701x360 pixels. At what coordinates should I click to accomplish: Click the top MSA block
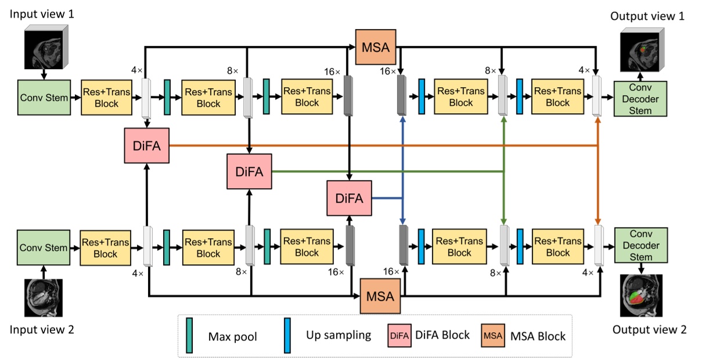pyautogui.click(x=375, y=46)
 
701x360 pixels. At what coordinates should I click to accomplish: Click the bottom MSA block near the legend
pyautogui.click(x=380, y=296)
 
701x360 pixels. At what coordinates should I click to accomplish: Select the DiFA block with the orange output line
pyautogui.click(x=146, y=145)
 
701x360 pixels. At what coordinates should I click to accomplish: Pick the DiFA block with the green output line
pyautogui.click(x=250, y=171)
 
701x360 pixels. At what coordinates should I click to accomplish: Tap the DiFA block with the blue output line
pyautogui.click(x=349, y=198)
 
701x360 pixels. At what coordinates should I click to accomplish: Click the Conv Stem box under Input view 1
pyautogui.click(x=44, y=97)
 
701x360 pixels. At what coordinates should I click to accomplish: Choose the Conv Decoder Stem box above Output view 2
pyautogui.click(x=641, y=247)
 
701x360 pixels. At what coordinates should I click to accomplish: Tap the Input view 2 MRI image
pyautogui.click(x=42, y=297)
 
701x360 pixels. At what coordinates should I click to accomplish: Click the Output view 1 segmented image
pyautogui.click(x=641, y=50)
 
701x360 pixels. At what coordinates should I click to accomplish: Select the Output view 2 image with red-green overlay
pyautogui.click(x=642, y=296)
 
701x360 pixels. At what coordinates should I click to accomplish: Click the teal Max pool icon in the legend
pyautogui.click(x=189, y=334)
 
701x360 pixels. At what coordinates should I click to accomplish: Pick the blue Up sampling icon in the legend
pyautogui.click(x=287, y=335)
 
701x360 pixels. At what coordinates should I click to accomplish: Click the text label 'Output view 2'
pyautogui.click(x=649, y=330)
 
